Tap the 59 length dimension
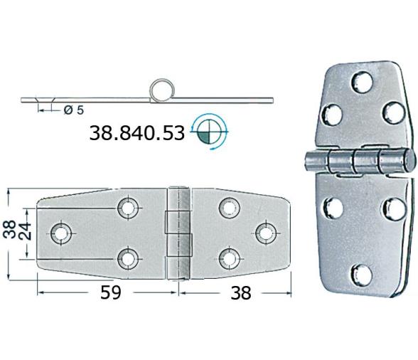pos(106,292)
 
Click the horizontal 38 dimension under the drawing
pos(241,292)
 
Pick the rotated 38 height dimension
pos(9,231)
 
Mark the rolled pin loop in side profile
pos(162,91)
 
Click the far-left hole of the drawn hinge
pos(61,232)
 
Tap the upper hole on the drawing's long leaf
pos(129,208)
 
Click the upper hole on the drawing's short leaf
pos(228,208)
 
